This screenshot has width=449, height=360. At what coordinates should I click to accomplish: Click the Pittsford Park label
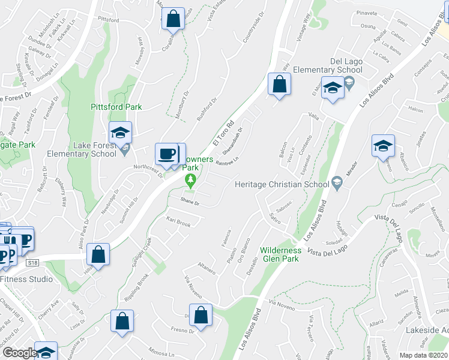[x=116, y=107]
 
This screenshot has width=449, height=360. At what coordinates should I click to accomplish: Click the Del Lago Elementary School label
[x=346, y=66]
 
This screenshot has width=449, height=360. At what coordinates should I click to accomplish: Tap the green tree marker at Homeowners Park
[x=191, y=179]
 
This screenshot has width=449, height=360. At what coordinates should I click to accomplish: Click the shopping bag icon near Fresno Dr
[x=202, y=314]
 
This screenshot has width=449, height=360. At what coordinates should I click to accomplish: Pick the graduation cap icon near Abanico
[x=384, y=146]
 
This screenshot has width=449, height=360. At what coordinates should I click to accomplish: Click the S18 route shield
[x=32, y=262]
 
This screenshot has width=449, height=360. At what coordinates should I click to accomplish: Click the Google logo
[x=19, y=353]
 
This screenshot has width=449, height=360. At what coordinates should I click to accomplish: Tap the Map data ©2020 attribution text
[x=424, y=355]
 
